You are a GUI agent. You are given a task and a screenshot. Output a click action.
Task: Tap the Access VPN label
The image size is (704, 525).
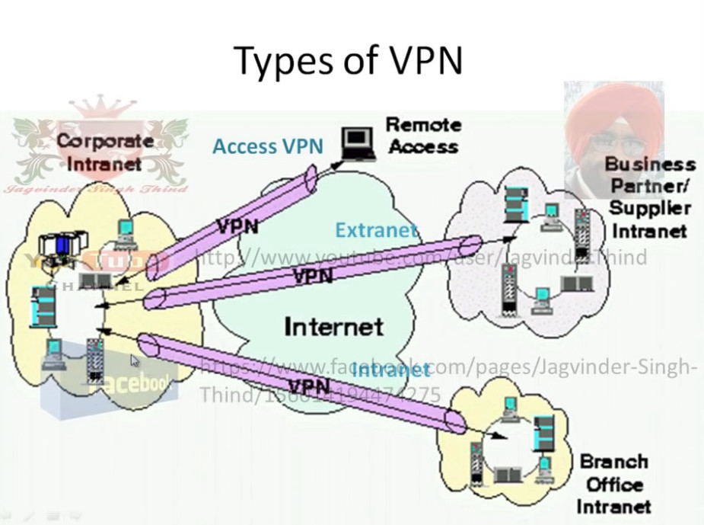(x=267, y=146)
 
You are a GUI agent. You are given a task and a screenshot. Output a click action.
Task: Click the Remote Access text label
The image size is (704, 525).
(x=423, y=135)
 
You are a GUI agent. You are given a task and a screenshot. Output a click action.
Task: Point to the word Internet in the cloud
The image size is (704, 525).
(x=333, y=327)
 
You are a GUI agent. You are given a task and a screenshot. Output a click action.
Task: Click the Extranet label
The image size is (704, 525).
(x=376, y=229)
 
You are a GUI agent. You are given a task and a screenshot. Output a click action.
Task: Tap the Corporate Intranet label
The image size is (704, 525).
(x=104, y=152)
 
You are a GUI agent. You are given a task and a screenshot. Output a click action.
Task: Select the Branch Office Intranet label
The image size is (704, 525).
(x=613, y=484)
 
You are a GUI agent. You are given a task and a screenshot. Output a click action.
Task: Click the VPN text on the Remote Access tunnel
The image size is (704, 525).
(x=237, y=226)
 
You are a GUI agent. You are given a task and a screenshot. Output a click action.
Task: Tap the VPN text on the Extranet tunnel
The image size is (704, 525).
(x=312, y=276)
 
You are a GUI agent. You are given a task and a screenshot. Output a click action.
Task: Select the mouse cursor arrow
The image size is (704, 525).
(x=135, y=360)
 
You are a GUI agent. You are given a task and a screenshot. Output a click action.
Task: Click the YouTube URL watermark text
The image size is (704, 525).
(x=422, y=257)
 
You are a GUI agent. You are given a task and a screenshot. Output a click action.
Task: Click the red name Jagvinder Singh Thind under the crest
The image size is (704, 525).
(x=96, y=187)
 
